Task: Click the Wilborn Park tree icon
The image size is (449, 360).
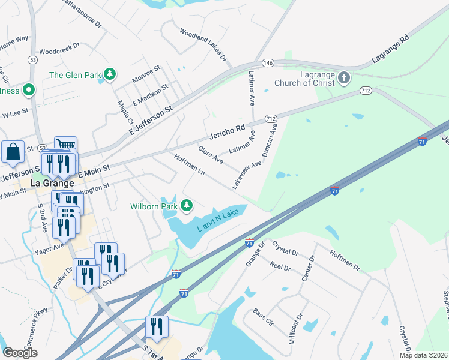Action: [187, 206]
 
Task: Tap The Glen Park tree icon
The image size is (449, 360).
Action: [109, 74]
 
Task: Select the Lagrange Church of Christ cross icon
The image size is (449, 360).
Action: [344, 77]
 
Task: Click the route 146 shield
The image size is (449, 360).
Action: [268, 63]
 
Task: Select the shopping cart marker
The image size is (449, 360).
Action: [66, 145]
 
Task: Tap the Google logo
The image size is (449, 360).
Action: [20, 353]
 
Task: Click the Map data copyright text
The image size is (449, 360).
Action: [424, 355]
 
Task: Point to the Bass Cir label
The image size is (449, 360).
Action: [262, 318]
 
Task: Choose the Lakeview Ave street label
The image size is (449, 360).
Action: [247, 175]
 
